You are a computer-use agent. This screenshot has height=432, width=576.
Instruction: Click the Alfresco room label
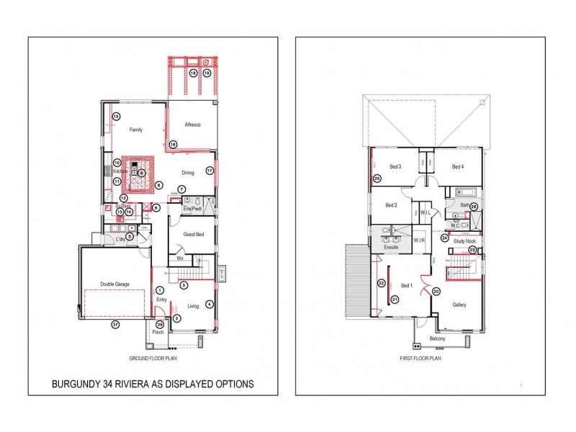(x=192, y=125)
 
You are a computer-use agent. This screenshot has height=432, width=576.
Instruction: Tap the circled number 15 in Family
(x=115, y=117)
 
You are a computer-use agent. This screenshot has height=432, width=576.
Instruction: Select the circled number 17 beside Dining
(x=210, y=171)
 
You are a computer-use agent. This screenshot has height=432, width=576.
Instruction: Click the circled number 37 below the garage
(x=114, y=325)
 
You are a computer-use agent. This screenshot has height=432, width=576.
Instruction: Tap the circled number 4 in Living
(x=209, y=304)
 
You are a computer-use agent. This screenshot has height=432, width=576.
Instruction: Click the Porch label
(x=158, y=332)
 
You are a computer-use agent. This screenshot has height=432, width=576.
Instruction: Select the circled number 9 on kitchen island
(x=142, y=173)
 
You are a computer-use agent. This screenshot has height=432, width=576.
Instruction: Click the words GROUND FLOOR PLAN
(x=153, y=357)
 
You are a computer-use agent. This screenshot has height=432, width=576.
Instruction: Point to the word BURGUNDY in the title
(x=75, y=384)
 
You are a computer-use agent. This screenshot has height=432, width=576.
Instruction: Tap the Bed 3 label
(x=395, y=166)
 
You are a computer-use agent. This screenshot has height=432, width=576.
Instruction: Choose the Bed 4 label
(x=457, y=166)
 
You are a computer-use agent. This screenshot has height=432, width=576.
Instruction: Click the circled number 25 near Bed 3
(x=377, y=179)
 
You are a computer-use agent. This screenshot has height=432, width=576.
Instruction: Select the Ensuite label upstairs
(x=392, y=246)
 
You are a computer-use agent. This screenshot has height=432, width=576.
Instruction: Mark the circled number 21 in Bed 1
(x=395, y=300)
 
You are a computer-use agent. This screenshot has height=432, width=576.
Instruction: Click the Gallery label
(x=459, y=305)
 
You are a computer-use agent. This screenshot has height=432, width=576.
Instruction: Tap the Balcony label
(x=437, y=338)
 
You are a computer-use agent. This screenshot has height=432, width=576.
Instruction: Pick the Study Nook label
(x=464, y=241)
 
